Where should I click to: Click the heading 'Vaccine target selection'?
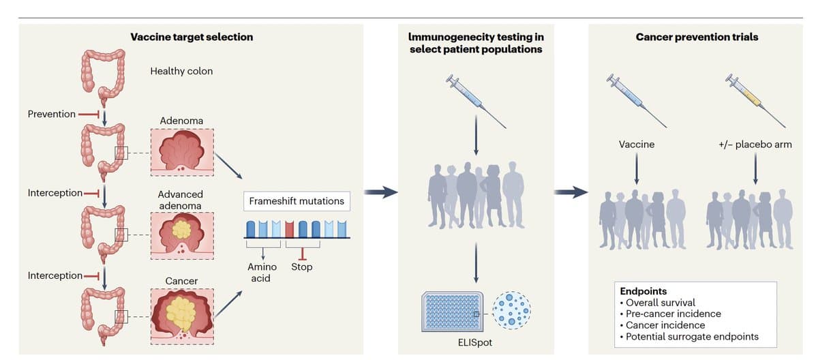click(x=192, y=37)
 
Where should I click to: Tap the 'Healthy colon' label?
click(x=181, y=71)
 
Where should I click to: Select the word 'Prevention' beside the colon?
click(x=52, y=114)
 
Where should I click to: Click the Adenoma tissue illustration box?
click(x=181, y=151)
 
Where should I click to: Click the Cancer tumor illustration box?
click(x=181, y=314)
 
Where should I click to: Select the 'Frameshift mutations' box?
click(x=297, y=202)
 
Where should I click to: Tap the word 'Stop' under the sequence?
click(x=301, y=267)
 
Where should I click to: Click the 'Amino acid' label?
click(x=262, y=272)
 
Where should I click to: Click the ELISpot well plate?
click(x=454, y=312)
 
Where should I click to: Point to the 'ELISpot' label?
click(x=475, y=342)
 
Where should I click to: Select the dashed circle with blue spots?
click(x=511, y=310)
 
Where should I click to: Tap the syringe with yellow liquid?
click(x=755, y=100)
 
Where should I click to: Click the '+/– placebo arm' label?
click(x=754, y=145)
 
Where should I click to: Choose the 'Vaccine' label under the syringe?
click(x=636, y=145)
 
